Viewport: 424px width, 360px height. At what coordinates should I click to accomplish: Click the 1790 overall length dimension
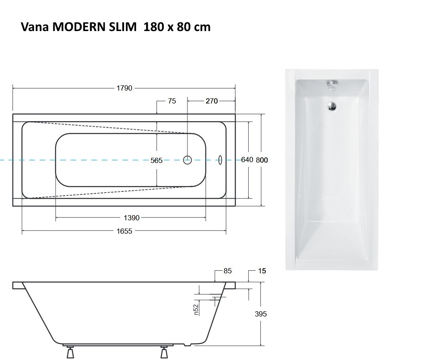click(x=124, y=88)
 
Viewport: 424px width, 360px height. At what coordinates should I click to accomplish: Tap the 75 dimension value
click(x=172, y=101)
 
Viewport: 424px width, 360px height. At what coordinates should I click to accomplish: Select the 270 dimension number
click(x=212, y=101)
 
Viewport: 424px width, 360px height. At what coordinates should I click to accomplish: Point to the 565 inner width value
click(x=156, y=160)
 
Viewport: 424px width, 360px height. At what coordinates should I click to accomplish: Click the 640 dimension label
click(x=247, y=160)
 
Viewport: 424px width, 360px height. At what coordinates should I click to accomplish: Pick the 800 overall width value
click(x=262, y=160)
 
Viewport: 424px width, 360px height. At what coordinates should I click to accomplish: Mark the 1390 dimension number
click(x=131, y=218)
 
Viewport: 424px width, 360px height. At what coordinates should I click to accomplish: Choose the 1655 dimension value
click(x=124, y=231)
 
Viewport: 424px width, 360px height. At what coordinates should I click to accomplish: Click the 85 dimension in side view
click(x=228, y=271)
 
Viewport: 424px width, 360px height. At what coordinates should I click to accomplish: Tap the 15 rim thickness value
click(x=262, y=271)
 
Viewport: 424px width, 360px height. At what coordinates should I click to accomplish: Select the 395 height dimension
click(x=261, y=314)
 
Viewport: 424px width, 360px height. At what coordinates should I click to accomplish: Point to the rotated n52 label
click(x=196, y=310)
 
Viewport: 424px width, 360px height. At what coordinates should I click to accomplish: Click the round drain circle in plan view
click(x=187, y=160)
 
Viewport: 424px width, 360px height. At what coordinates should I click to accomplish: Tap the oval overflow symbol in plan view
click(x=221, y=160)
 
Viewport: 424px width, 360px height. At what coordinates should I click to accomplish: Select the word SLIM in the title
click(x=117, y=27)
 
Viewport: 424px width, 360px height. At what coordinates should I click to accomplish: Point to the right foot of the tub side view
click(x=164, y=353)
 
